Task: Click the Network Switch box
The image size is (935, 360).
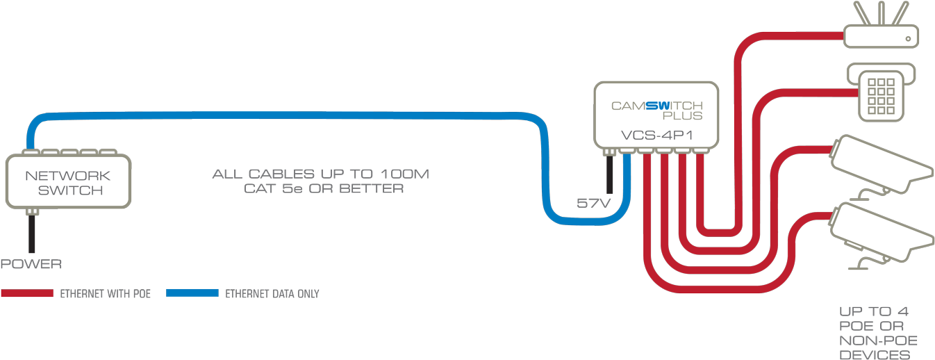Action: pyautogui.click(x=68, y=181)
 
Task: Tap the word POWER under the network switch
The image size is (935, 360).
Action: pyautogui.click(x=31, y=264)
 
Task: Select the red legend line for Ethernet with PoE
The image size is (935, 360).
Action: pyautogui.click(x=27, y=293)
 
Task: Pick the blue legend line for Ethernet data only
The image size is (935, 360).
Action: pyautogui.click(x=192, y=293)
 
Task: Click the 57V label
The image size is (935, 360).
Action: pyautogui.click(x=594, y=204)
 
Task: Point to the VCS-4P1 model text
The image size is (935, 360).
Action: pyautogui.click(x=656, y=135)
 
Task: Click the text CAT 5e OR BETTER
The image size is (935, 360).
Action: pyautogui.click(x=324, y=188)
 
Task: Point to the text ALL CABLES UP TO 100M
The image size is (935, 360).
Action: pyautogui.click(x=321, y=173)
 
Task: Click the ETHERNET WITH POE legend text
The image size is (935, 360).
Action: pyautogui.click(x=105, y=294)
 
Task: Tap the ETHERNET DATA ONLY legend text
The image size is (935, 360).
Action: pyautogui.click(x=272, y=294)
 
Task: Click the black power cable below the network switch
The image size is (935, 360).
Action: pyautogui.click(x=31, y=234)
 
